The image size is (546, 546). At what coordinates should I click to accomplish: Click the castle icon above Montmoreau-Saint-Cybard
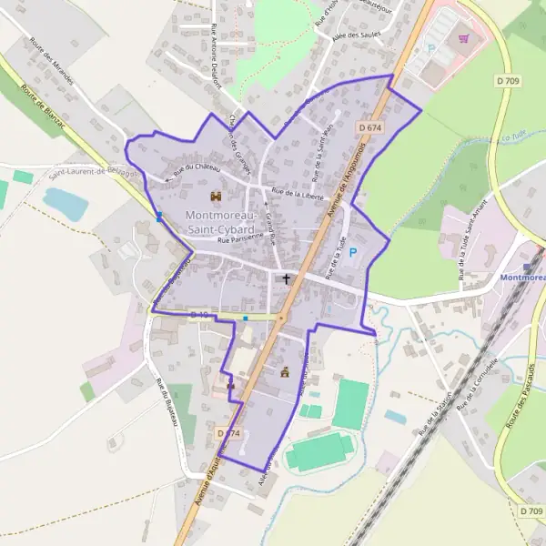coord(217,197)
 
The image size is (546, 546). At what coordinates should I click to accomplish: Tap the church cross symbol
coord(288,279)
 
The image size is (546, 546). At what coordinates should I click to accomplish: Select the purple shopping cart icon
coord(464,39)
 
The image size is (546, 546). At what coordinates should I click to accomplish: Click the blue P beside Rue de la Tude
coord(354,253)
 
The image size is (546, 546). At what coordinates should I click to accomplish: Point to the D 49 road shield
coord(199,315)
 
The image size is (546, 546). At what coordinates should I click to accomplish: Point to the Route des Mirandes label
coord(63,60)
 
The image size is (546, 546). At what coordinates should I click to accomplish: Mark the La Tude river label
coord(515,138)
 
